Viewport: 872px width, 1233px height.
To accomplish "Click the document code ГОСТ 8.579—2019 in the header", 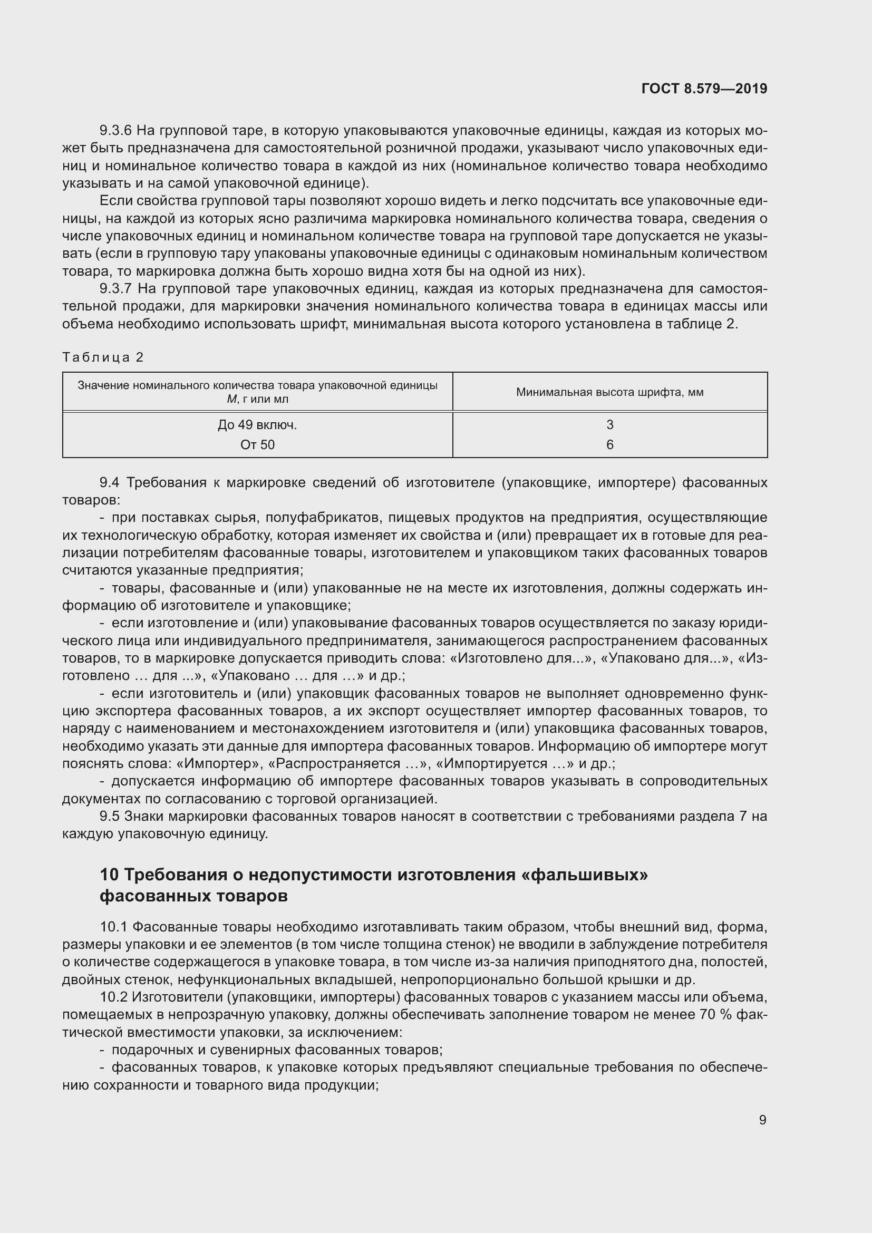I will [x=704, y=89].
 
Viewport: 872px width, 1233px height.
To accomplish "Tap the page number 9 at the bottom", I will [x=762, y=1120].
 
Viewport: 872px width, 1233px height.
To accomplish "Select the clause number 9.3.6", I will [x=115, y=131].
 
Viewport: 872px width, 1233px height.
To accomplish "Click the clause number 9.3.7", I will [x=115, y=289].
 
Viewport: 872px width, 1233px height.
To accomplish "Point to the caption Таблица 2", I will [x=103, y=357].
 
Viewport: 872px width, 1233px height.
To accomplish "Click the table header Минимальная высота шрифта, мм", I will [x=609, y=392].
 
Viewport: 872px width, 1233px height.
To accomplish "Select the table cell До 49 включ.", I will [x=257, y=425].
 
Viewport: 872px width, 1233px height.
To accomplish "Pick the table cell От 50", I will [x=257, y=445].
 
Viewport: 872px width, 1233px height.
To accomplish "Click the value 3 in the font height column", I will [x=609, y=425].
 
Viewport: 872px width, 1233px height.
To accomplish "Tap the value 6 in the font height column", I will [x=609, y=445].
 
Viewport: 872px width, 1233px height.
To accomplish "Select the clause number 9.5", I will [x=109, y=816].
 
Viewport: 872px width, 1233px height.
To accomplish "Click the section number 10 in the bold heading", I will [x=109, y=876].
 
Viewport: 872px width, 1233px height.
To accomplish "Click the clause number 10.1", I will [x=113, y=927].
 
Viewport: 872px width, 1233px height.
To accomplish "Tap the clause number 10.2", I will [x=113, y=997].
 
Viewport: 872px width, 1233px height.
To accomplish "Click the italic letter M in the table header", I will [x=231, y=399].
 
